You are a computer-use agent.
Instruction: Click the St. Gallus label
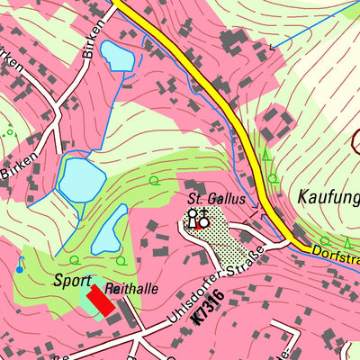(x=216, y=198)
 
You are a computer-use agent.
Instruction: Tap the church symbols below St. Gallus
(x=198, y=217)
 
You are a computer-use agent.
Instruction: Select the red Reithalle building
(x=101, y=301)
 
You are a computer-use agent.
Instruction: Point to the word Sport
(x=72, y=280)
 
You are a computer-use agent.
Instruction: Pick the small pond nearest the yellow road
(x=116, y=56)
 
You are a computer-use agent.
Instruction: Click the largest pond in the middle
(x=79, y=178)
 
